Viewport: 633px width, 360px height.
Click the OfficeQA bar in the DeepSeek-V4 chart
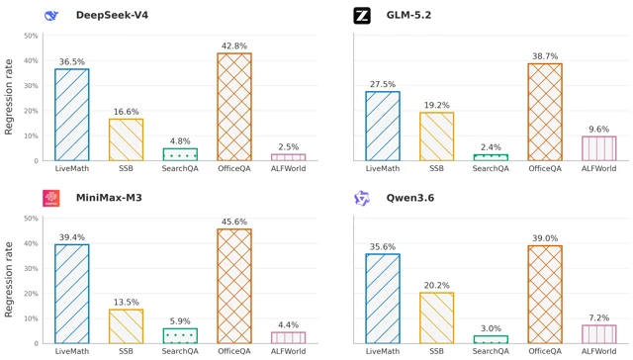[234, 107]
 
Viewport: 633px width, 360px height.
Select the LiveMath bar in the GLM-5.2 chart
[383, 126]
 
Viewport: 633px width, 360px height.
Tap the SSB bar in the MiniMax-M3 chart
[126, 326]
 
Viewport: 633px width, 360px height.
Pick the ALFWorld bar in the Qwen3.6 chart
[599, 334]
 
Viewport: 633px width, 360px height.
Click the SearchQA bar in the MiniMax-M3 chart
[180, 336]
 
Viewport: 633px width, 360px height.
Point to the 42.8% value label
[234, 46]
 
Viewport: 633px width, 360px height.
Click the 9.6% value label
[599, 130]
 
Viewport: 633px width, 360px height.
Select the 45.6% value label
[234, 222]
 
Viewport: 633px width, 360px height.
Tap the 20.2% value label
[437, 286]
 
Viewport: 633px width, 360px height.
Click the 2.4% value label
[491, 147]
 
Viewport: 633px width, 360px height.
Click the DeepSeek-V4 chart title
[112, 16]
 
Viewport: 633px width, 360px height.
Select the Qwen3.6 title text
[410, 198]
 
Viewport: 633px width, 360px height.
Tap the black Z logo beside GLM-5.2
[362, 16]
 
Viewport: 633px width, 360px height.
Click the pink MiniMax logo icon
[51, 198]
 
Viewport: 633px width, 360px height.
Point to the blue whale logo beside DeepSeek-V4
[51, 16]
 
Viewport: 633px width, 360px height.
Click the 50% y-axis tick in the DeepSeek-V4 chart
[31, 36]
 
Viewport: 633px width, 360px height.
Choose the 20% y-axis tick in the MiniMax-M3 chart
[31, 294]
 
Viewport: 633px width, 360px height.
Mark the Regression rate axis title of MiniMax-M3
[9, 279]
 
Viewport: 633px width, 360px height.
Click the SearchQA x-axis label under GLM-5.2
[491, 169]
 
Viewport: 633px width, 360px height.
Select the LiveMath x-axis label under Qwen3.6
[383, 351]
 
